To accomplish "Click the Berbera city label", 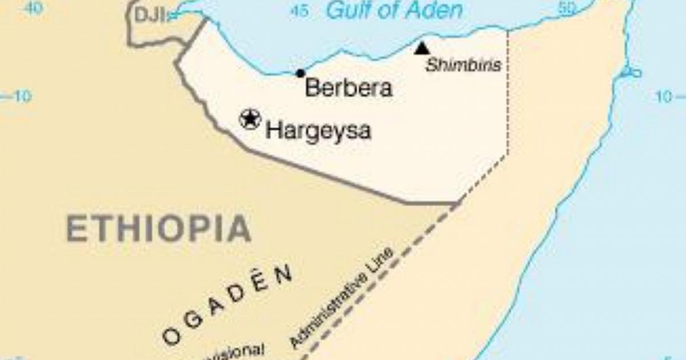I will click(348, 89).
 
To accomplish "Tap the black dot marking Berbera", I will click(300, 73).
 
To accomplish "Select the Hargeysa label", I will click(318, 131).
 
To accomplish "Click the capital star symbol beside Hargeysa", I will click(250, 119).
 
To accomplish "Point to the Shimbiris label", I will click(464, 66).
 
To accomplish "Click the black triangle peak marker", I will click(422, 49).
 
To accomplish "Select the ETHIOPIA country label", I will click(158, 229).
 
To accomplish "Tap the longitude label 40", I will click(34, 8).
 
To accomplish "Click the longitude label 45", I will click(298, 10).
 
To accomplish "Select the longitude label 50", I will click(566, 8).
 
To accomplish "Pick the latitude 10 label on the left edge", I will click(21, 97).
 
